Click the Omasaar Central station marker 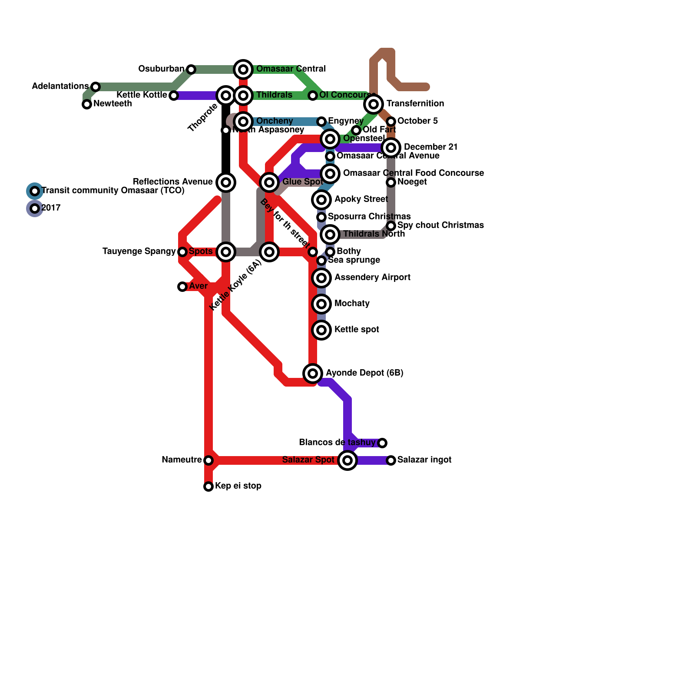point(243,69)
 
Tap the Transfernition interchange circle point(374,104)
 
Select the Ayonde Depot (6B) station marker point(313,373)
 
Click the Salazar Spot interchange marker point(347,460)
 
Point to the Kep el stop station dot point(208,486)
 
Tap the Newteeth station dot point(87,104)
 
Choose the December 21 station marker point(391,147)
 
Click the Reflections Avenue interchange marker point(226,182)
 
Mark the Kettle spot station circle point(321,330)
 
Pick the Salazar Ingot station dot point(391,460)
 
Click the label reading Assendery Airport point(372,277)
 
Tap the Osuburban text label point(161,69)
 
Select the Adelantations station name point(60,86)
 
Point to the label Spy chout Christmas point(440,225)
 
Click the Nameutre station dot point(208,460)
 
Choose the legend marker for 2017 point(35,208)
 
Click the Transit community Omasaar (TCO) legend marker point(35,191)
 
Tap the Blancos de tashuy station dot point(382,443)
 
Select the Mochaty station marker point(321,304)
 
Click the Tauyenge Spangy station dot point(182,252)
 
